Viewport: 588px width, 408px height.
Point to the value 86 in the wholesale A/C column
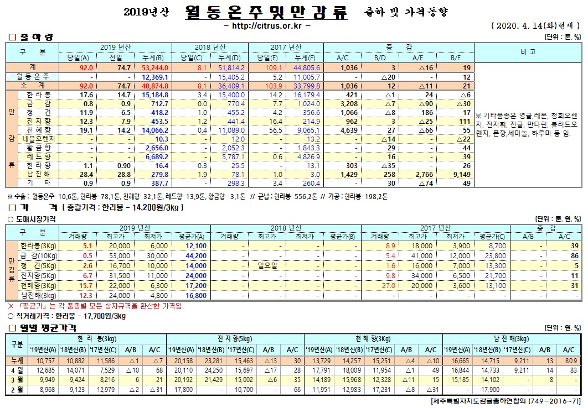point(574,255)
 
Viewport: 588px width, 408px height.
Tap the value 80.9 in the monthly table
point(568,360)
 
